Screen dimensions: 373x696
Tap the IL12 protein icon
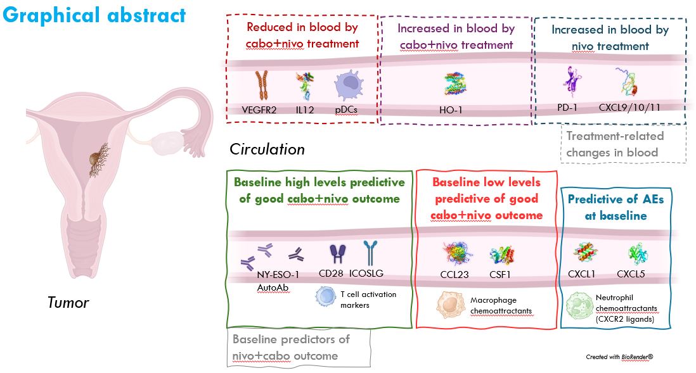point(304,87)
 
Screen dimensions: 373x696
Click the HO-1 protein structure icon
point(452,84)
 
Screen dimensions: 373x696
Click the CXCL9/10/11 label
point(629,107)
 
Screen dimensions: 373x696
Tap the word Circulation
point(267,149)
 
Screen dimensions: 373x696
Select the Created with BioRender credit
point(619,357)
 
